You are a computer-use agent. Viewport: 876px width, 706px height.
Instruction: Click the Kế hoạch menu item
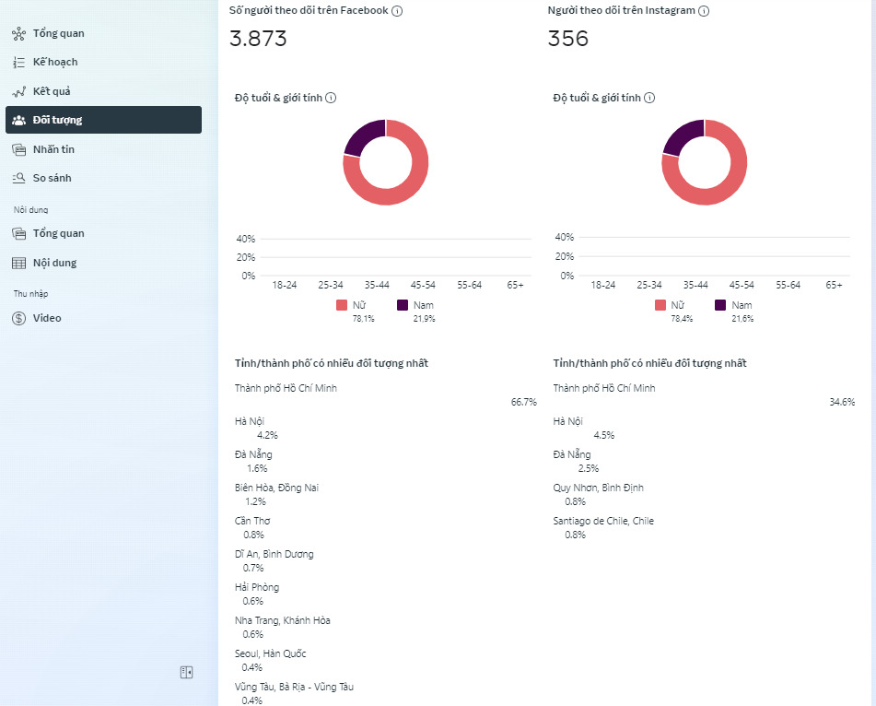tap(54, 62)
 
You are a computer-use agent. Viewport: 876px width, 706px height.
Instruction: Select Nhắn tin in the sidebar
tap(53, 149)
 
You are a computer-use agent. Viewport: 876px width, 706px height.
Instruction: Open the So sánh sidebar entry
tap(52, 178)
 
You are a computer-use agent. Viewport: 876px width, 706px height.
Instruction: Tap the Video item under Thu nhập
tap(46, 318)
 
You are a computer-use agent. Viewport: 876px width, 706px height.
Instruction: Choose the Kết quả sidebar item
tap(51, 91)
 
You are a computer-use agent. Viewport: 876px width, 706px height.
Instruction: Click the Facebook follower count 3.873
tap(258, 39)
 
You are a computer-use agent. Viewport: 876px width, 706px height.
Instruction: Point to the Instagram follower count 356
tap(567, 39)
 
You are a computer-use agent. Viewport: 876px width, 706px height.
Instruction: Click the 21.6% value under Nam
tap(742, 319)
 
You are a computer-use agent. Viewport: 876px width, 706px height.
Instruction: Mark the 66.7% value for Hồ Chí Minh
tap(523, 402)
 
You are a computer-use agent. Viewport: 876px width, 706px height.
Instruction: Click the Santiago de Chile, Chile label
tap(603, 521)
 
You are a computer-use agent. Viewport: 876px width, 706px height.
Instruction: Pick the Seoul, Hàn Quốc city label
tap(271, 653)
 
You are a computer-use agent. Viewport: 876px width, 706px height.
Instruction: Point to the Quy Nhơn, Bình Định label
tap(598, 488)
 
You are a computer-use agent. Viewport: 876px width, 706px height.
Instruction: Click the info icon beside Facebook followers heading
tap(397, 11)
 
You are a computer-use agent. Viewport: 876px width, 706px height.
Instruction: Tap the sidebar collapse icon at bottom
tap(186, 673)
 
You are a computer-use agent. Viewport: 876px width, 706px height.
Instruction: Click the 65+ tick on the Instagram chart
tap(834, 285)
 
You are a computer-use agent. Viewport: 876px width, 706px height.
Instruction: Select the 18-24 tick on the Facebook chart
tap(285, 285)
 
